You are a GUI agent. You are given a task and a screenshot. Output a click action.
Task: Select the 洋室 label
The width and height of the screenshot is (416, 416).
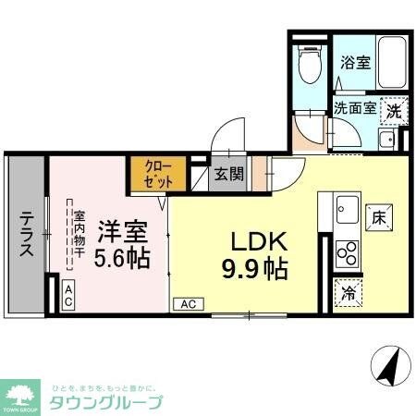tap(119, 227)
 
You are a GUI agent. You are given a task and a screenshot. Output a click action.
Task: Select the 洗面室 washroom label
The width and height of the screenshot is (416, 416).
tap(354, 107)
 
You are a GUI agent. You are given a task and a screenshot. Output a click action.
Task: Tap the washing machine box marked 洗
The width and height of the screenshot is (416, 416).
tap(395, 108)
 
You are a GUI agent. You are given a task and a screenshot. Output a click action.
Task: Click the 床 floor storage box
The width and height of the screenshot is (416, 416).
tap(378, 219)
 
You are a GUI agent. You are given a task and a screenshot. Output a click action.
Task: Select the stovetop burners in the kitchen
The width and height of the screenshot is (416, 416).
tap(348, 251)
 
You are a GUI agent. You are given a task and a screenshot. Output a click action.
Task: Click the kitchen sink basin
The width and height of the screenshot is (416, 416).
tap(349, 207)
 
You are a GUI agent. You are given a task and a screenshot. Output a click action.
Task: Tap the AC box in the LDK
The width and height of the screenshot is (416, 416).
tap(187, 303)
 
